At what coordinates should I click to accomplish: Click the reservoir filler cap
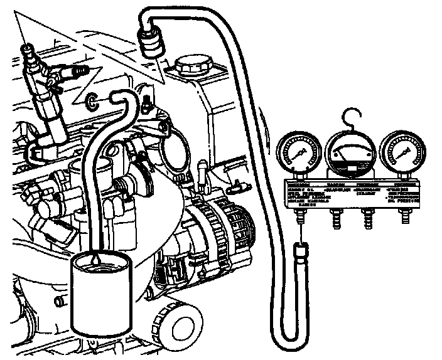193,64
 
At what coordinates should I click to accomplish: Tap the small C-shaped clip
92,100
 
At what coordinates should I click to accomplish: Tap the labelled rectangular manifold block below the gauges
352,194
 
